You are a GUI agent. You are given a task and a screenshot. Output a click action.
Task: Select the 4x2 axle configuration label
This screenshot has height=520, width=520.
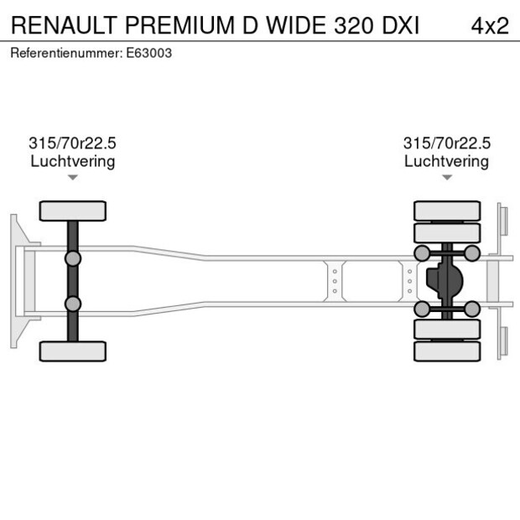coord(489,25)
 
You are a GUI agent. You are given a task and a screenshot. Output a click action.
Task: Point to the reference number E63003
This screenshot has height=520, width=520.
coord(149,53)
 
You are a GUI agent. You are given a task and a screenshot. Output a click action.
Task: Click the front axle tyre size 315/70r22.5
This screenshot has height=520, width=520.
coord(73,143)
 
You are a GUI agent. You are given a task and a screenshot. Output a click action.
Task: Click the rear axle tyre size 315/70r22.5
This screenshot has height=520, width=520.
coord(446,143)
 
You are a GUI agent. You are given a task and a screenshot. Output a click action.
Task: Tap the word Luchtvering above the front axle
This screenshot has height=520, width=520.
coord(73,161)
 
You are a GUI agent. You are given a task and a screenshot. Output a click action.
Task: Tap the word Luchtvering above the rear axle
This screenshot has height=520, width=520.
coord(446,161)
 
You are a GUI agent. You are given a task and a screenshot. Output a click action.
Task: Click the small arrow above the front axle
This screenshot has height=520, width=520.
coord(73,178)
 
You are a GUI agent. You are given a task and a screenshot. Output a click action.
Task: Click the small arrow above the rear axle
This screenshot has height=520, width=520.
coord(447,178)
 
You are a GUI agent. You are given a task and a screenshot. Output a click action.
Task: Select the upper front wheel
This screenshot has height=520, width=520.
coord(73,211)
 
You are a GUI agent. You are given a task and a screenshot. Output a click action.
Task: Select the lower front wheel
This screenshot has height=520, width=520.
coord(73,351)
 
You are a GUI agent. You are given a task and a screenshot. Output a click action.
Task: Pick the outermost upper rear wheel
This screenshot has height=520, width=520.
coord(447,211)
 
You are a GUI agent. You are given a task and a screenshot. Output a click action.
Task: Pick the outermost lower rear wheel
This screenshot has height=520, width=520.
coord(447,351)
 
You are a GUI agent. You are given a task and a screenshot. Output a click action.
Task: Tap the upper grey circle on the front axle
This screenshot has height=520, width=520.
coord(73,257)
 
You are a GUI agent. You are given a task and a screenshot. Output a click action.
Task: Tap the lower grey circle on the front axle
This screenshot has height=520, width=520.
coord(73,304)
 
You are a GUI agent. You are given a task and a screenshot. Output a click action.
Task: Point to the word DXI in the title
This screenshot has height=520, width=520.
coord(401,25)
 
